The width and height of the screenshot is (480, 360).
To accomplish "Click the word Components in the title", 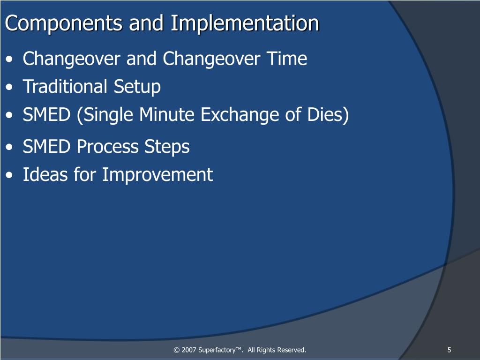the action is click(x=64, y=24).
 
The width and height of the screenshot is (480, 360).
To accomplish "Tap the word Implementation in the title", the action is click(x=245, y=24).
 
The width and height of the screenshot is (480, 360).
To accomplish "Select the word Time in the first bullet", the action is click(x=287, y=58).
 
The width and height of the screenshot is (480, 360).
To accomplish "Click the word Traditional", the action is click(x=65, y=86).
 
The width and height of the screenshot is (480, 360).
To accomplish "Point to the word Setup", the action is click(x=137, y=87).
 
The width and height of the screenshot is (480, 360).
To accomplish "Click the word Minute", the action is click(x=167, y=114).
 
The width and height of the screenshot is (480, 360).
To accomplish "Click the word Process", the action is click(x=107, y=146).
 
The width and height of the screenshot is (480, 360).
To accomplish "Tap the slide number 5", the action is click(x=449, y=350).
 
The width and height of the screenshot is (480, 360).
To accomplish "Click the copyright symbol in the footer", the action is click(x=176, y=350).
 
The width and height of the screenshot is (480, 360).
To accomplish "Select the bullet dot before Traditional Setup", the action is click(x=9, y=87).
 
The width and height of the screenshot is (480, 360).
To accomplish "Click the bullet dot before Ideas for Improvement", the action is click(x=9, y=175).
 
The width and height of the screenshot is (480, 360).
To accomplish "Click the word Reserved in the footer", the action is click(x=292, y=350).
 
